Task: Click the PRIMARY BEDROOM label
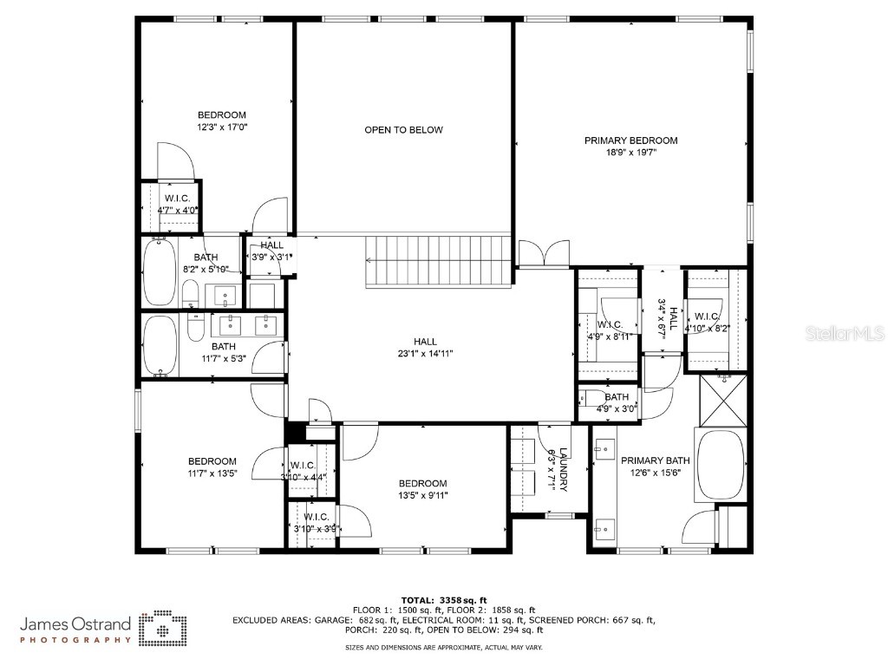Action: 630,140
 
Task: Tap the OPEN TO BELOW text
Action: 403,130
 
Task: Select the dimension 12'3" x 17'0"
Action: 222,127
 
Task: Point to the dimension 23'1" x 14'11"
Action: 425,354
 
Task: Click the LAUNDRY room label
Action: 563,469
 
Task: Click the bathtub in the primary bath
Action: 720,466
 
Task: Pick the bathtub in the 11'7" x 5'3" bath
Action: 160,346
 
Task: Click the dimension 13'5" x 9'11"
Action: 423,496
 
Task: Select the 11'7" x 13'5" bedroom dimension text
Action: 212,473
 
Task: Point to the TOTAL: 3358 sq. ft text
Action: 443,600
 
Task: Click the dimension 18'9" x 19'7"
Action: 630,153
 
